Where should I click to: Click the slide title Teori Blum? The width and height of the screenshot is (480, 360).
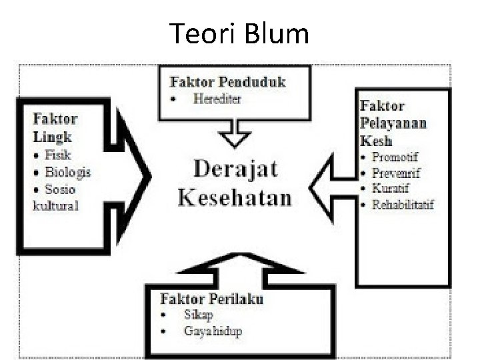tap(239, 33)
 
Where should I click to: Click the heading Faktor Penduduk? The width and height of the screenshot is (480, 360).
tap(228, 83)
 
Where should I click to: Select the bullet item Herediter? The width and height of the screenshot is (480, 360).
tap(217, 99)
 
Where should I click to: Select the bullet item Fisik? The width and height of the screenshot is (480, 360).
tap(58, 155)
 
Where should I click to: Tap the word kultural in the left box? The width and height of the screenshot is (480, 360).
tap(56, 205)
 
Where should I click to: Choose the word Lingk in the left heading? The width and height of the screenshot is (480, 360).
tap(52, 137)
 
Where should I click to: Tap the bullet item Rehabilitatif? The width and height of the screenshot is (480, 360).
tap(403, 204)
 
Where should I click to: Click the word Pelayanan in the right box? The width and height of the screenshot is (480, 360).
tap(393, 123)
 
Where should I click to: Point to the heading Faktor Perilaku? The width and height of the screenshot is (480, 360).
tap(212, 298)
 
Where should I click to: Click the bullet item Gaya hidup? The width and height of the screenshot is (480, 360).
tap(213, 331)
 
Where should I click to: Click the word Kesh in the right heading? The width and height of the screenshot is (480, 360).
tap(376, 141)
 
